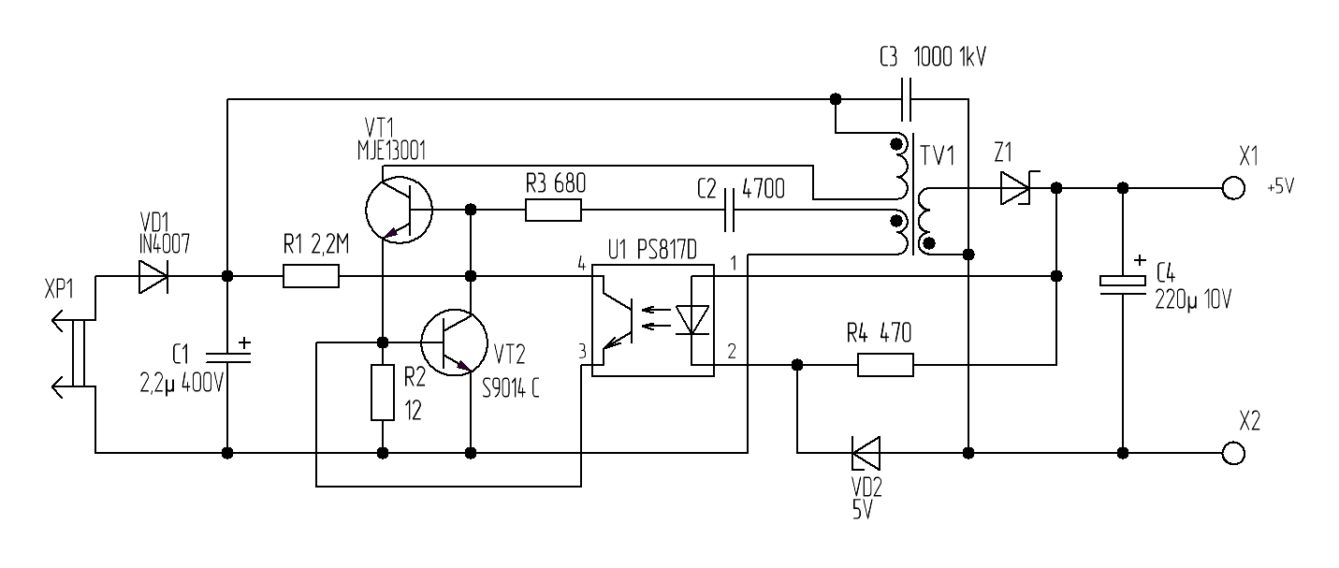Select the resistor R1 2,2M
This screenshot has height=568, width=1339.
311,277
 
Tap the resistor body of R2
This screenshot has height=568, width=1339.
383,393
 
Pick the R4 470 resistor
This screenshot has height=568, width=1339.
885,364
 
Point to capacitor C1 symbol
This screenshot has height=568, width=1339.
227,356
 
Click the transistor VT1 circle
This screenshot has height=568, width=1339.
397,211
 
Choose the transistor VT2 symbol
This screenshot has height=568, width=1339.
455,342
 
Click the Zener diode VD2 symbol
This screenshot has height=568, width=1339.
863,453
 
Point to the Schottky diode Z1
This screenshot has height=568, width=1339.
1014,189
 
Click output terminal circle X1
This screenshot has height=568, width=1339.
1234,189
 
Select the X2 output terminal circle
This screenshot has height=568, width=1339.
1234,453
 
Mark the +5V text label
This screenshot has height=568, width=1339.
1279,187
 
